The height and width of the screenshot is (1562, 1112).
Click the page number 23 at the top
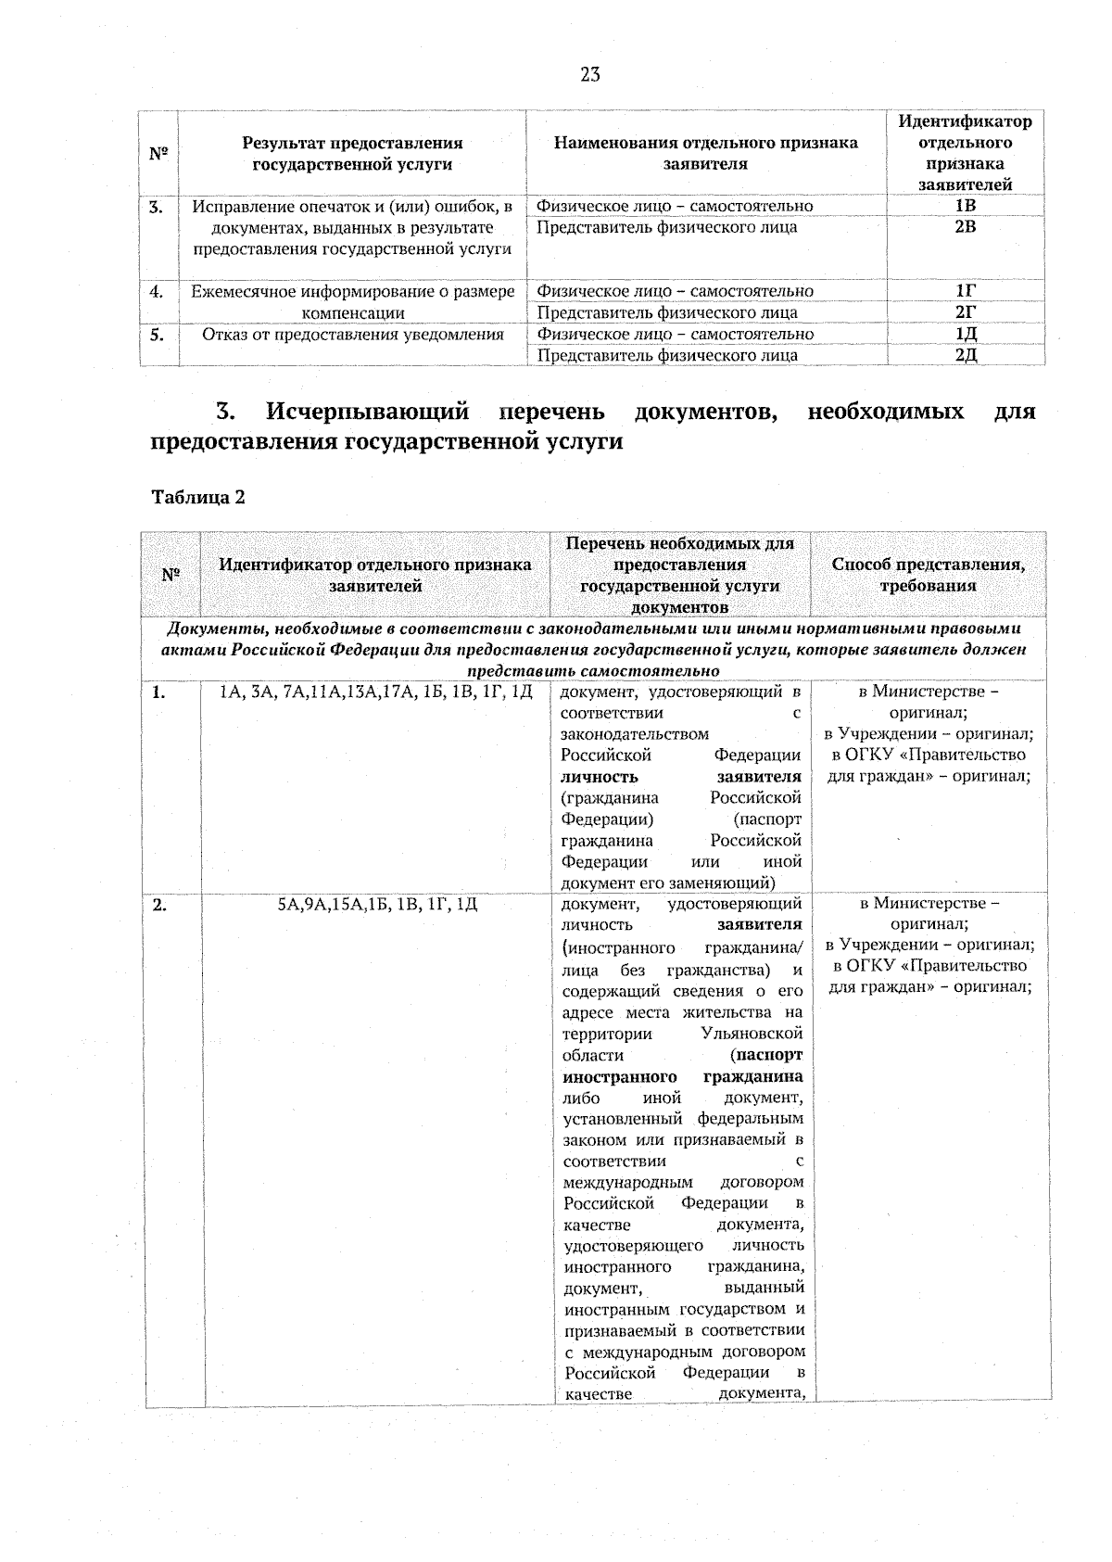pyautogui.click(x=590, y=75)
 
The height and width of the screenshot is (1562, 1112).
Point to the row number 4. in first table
pyautogui.click(x=158, y=291)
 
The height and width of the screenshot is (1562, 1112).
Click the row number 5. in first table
pyautogui.click(x=158, y=334)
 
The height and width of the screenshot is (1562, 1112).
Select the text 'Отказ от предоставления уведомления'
pyautogui.click(x=353, y=334)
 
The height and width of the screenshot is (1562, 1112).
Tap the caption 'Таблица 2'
pyautogui.click(x=198, y=498)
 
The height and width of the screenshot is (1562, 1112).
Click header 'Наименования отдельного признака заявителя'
pyautogui.click(x=705, y=153)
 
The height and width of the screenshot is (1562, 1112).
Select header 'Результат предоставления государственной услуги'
pyautogui.click(x=352, y=153)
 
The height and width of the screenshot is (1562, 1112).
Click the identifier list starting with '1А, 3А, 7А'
pyautogui.click(x=376, y=692)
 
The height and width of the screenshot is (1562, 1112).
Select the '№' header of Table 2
pyautogui.click(x=171, y=575)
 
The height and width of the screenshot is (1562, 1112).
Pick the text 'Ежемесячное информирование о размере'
pyautogui.click(x=353, y=291)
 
